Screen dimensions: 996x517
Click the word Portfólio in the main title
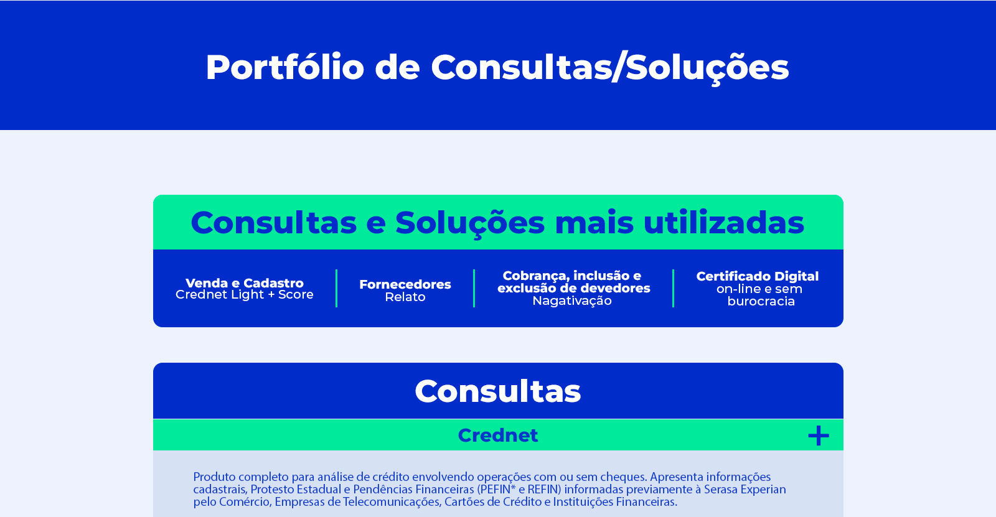click(285, 68)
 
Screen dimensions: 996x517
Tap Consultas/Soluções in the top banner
click(610, 68)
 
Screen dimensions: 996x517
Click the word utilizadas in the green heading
click(724, 222)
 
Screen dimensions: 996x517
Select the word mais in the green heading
click(594, 223)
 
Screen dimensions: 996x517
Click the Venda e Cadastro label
click(245, 282)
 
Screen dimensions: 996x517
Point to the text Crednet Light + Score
click(245, 294)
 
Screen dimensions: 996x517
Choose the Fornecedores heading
click(405, 284)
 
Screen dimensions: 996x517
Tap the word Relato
click(405, 297)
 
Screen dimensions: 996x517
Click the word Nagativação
click(572, 301)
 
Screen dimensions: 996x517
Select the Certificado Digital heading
click(757, 276)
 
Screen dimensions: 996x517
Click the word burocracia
click(761, 301)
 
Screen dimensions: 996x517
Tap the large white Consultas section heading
click(498, 391)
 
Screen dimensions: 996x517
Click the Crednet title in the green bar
click(498, 435)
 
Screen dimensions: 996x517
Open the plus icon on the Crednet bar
click(819, 435)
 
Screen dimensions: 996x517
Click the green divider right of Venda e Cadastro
click(337, 288)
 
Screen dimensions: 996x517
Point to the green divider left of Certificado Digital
click(673, 288)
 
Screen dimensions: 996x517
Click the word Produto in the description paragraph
click(212, 477)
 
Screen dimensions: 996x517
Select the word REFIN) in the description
click(544, 489)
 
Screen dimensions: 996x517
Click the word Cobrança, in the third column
click(535, 276)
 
